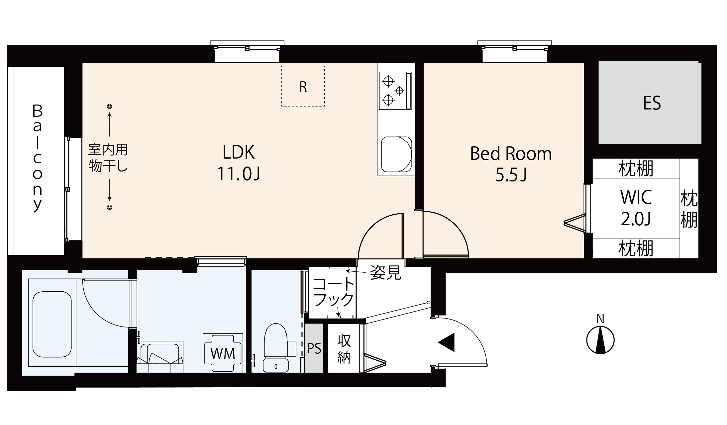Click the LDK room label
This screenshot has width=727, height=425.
239,163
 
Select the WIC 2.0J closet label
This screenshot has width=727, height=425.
636,208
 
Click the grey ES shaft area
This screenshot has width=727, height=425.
650,103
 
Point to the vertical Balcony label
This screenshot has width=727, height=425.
37,158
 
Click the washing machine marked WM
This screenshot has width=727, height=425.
223,353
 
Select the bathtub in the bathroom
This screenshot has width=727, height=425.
52,324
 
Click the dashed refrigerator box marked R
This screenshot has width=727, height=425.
303,86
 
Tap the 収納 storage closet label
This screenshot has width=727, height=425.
344,349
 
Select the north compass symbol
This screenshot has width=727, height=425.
600,340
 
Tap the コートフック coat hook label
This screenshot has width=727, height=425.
334,292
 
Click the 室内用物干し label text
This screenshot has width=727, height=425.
108,158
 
